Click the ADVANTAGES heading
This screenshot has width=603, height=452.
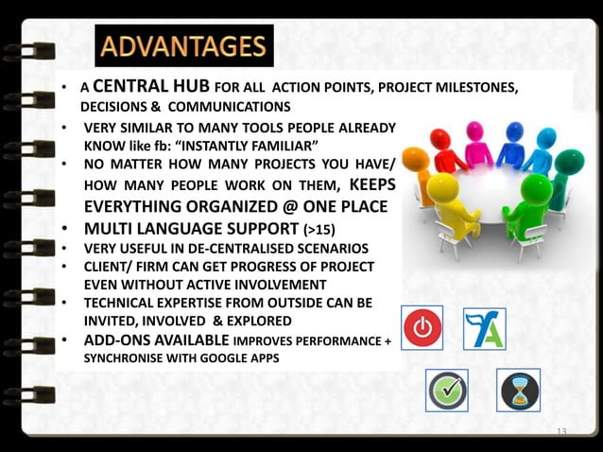point(183,46)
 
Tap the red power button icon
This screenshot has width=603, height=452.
point(422,328)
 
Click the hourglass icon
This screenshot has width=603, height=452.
point(518,390)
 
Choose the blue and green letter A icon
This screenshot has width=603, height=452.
point(483,328)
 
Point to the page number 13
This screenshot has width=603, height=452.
point(561,432)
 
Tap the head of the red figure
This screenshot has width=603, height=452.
point(439,138)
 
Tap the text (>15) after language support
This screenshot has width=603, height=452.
point(318,229)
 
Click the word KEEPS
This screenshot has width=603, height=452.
point(371,184)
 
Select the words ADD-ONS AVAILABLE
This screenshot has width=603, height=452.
point(156,340)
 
